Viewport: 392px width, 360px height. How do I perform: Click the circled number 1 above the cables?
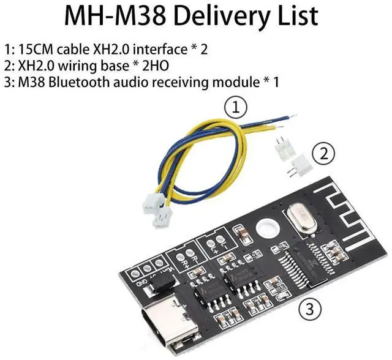tap(236, 109)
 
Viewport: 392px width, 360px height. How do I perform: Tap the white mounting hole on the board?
tap(265, 228)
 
